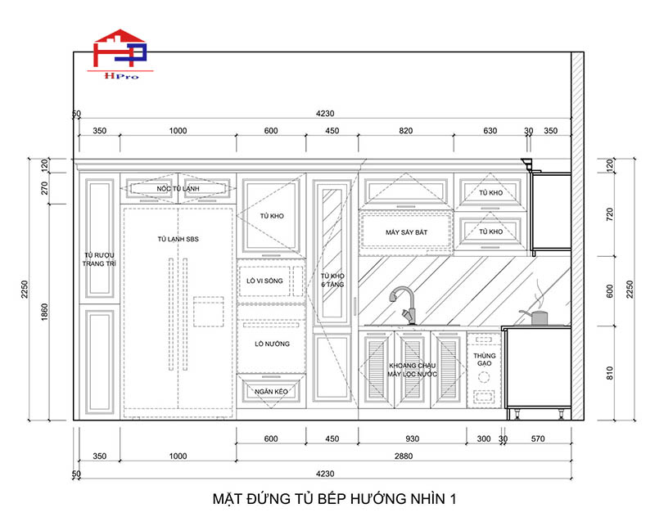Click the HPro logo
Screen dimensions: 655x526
120,53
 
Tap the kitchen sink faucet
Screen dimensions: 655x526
403,305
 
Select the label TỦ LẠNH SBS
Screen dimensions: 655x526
178,239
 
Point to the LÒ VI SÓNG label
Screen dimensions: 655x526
264,281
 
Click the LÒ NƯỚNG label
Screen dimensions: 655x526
272,344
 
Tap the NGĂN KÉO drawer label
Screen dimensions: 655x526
271,392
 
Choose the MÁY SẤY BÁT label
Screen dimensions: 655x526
406,232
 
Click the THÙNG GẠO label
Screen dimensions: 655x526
484,359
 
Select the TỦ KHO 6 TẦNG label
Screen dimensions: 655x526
332,280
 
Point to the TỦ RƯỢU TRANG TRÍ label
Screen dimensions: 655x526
99,259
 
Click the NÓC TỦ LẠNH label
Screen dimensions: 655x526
178,189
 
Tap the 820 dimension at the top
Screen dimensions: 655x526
405,131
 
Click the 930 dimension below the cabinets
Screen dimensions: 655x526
413,438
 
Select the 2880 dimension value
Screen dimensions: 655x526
404,456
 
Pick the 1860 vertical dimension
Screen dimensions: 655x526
45,312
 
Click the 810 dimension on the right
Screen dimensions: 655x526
609,373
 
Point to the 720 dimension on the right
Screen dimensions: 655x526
609,214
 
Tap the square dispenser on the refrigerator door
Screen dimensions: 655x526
209,312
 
